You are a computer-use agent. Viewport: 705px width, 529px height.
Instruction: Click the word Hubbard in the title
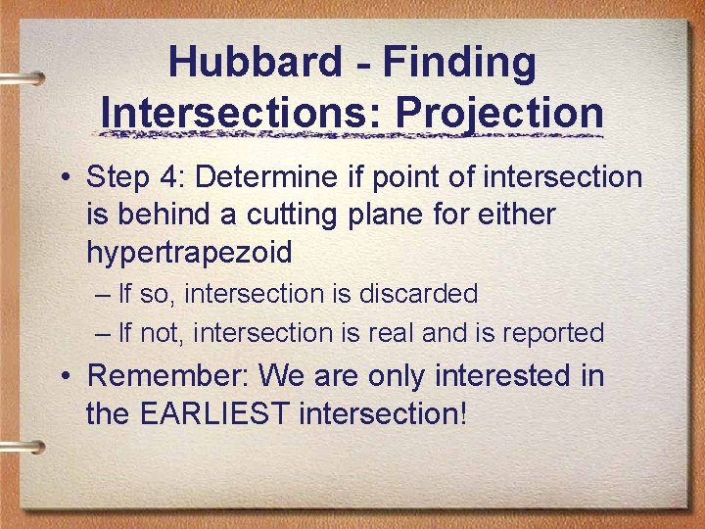255,63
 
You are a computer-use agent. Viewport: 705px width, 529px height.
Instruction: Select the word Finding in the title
459,63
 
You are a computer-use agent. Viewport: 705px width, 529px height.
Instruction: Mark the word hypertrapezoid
189,253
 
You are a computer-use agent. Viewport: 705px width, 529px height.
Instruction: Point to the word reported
553,333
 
